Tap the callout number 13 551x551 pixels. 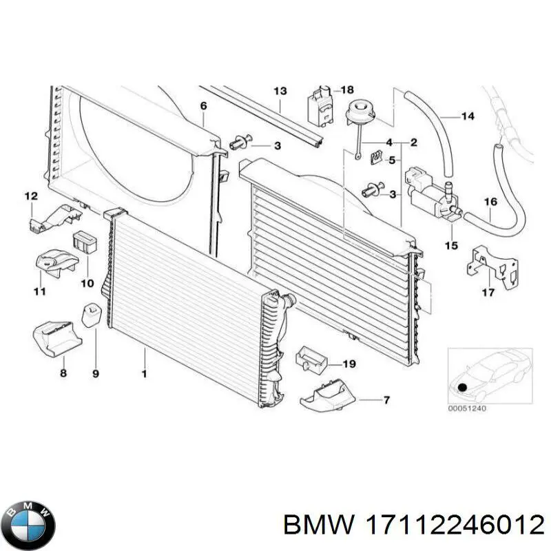pyautogui.click(x=280, y=92)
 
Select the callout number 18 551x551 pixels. pyautogui.click(x=347, y=90)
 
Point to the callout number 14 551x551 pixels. pyautogui.click(x=467, y=116)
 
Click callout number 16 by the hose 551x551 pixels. pyautogui.click(x=490, y=202)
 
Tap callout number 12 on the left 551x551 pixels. pyautogui.click(x=31, y=197)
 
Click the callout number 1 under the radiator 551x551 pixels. pyautogui.click(x=145, y=373)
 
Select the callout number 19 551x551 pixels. pyautogui.click(x=349, y=364)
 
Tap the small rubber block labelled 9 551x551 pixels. pyautogui.click(x=91, y=315)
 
